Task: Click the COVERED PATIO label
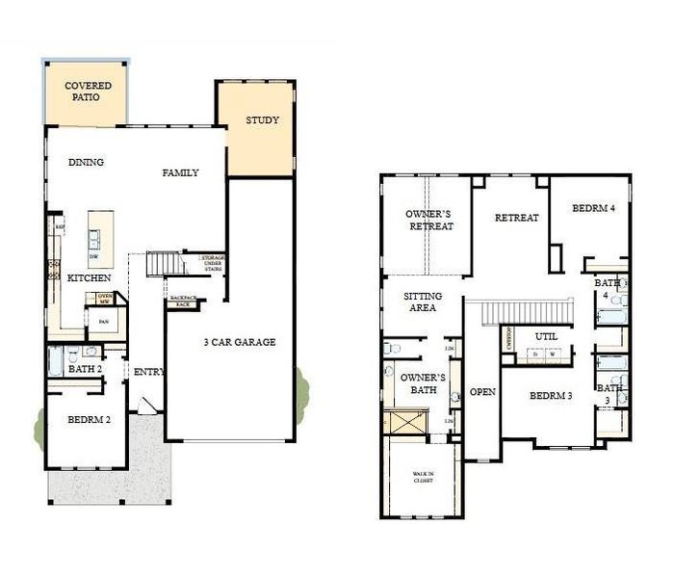(88, 92)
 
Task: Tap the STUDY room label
(262, 120)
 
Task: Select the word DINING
(86, 162)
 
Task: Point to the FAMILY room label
(180, 172)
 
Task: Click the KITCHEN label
(89, 277)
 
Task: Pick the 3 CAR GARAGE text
(239, 342)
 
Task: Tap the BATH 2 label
(86, 368)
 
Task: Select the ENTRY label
(149, 371)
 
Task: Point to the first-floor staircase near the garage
(164, 263)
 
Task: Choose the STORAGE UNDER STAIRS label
(212, 263)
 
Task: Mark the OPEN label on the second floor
(481, 392)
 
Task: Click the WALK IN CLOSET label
(424, 477)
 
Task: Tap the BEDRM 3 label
(552, 396)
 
